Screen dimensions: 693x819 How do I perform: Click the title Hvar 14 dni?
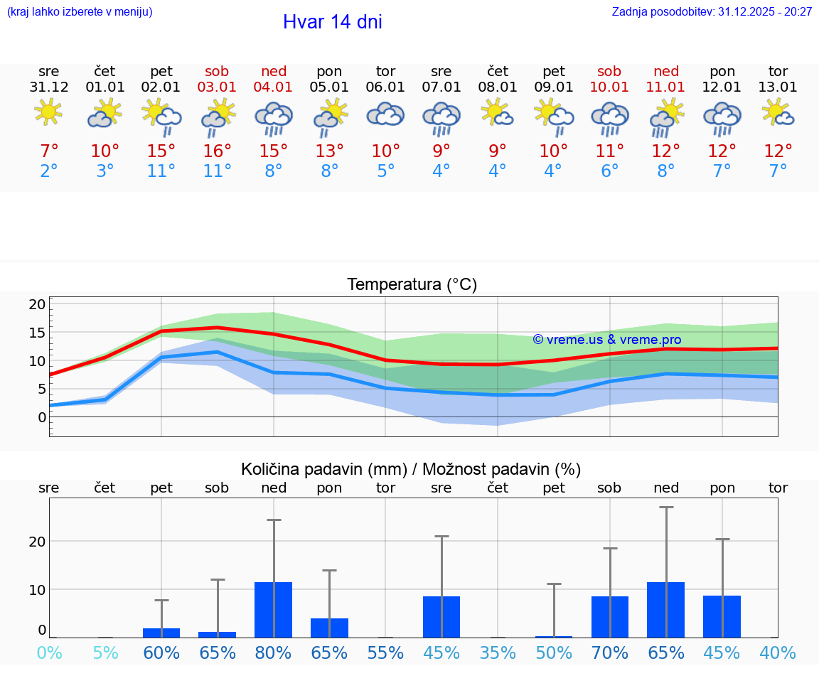(332, 22)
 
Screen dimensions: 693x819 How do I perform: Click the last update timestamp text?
(712, 11)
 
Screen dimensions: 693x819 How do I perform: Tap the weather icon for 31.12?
(48, 112)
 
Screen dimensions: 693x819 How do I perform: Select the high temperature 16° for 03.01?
(218, 151)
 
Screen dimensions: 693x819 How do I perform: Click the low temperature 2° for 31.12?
(48, 171)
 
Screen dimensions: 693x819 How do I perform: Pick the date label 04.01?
(274, 87)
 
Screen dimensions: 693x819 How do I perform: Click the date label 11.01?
(666, 87)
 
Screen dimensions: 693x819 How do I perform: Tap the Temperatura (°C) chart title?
(412, 284)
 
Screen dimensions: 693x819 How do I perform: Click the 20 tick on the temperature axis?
(37, 304)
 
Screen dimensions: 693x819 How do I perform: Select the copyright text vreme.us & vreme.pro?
(607, 340)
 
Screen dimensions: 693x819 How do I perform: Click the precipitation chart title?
(411, 469)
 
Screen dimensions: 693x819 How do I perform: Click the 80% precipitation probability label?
(274, 652)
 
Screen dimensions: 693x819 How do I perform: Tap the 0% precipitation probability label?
(48, 652)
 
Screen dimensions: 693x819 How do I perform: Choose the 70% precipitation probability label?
(610, 652)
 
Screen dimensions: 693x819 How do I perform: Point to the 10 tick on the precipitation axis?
(37, 589)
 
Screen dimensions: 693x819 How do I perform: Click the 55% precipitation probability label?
(385, 652)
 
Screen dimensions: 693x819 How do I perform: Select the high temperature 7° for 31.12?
(48, 151)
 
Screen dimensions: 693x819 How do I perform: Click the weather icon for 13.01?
(778, 112)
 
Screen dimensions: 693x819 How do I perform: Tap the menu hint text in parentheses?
(80, 11)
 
